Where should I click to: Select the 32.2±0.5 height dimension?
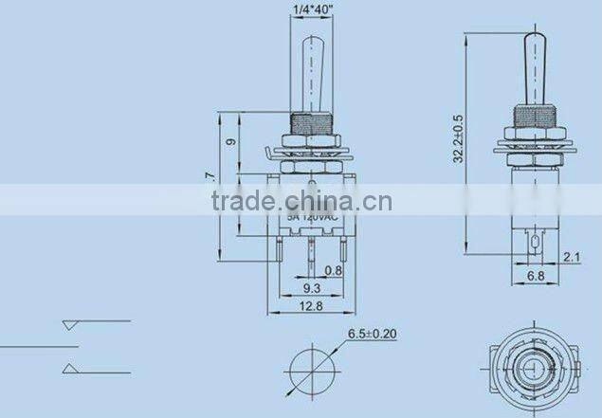[459, 140]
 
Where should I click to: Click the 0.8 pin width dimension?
[333, 270]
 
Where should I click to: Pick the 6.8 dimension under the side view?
[537, 278]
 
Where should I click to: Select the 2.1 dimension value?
[573, 255]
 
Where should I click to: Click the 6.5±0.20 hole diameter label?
[373, 334]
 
